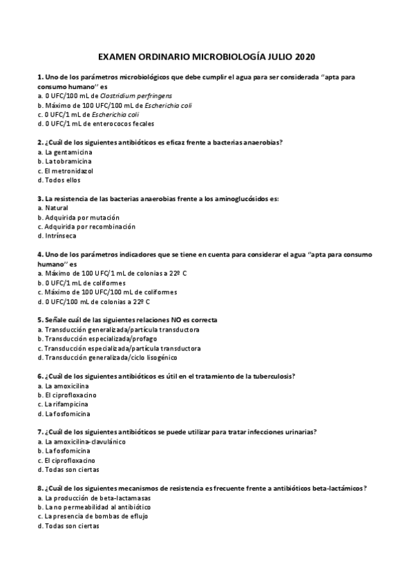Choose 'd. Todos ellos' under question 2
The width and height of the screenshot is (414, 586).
[x=59, y=180]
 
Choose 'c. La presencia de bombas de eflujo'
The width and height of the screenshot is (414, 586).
[x=93, y=516]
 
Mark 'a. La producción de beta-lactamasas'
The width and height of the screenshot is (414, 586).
[x=94, y=498]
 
